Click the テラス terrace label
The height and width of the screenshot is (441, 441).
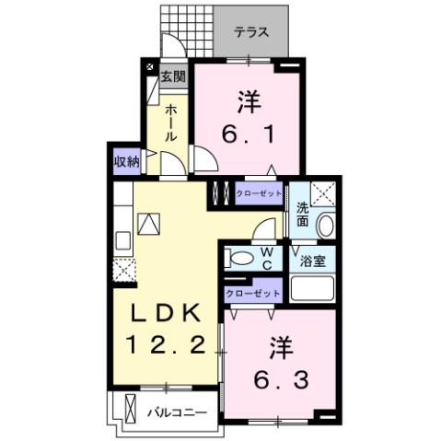[250, 32]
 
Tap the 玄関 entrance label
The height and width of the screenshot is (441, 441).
[172, 76]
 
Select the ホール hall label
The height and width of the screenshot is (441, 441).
[170, 122]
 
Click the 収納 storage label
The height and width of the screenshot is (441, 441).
[127, 161]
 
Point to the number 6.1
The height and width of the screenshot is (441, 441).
[247, 119]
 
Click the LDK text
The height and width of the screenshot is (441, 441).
[165, 314]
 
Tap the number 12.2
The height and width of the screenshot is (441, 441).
[165, 345]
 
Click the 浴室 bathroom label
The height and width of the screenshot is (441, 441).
[312, 261]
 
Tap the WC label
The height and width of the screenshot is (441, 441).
[266, 258]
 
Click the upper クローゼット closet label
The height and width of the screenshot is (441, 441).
[259, 194]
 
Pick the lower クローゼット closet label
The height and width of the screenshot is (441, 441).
[252, 293]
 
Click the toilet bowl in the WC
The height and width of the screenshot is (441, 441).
[239, 258]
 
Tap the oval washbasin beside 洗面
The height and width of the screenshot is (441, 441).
[324, 225]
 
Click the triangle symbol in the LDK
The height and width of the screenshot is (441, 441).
[149, 224]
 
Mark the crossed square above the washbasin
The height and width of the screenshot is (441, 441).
[324, 193]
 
